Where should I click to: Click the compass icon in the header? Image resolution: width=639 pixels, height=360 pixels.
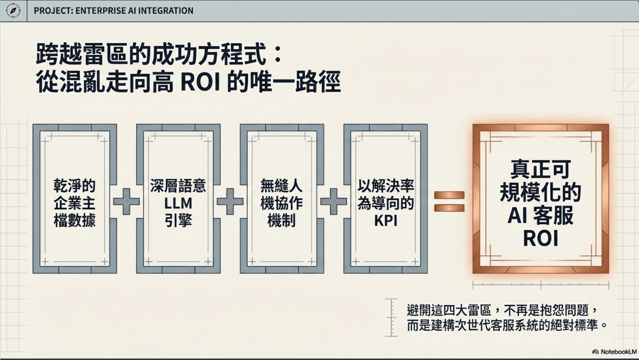13,11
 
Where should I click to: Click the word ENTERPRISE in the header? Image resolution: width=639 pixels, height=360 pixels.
101,11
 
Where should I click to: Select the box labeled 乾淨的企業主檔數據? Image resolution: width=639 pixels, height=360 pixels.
75,199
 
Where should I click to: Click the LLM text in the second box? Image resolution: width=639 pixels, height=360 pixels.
178,203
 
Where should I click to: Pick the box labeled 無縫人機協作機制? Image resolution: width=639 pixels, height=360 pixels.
282,199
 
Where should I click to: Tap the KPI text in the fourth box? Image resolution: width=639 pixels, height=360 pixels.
386,221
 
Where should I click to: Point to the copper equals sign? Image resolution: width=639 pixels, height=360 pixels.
449,201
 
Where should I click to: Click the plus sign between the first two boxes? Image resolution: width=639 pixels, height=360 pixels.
126,201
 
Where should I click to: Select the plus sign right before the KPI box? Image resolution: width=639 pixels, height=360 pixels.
334,201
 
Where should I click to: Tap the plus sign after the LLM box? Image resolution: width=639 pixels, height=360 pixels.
230,201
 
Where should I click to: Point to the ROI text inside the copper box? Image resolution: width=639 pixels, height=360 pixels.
540,238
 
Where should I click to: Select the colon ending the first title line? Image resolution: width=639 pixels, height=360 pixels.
278,55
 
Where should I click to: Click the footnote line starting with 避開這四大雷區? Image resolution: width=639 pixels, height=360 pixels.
502,310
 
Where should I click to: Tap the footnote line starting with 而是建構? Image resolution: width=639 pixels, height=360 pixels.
507,325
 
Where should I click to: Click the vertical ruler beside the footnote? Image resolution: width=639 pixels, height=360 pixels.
391,317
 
